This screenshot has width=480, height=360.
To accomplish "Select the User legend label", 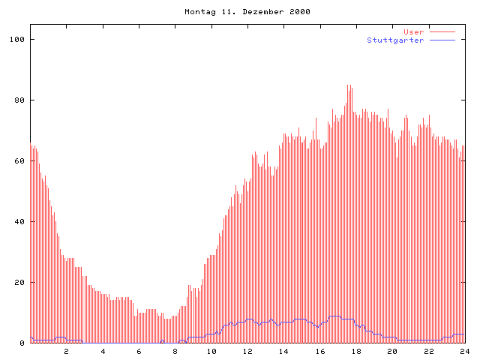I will (414, 31).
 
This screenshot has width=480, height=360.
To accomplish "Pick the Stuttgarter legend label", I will (395, 40).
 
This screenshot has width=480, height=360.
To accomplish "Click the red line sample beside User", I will (442, 31).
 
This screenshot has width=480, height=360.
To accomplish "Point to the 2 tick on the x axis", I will (66, 351).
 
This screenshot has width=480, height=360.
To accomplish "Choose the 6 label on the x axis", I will (139, 351).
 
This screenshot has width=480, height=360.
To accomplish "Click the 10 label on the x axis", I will (211, 351).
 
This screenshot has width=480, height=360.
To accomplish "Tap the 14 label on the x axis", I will (283, 351).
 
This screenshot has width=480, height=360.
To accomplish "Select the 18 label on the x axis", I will (356, 351).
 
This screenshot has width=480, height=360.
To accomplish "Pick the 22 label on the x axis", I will (428, 351).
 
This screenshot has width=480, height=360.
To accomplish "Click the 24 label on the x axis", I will (465, 351).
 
